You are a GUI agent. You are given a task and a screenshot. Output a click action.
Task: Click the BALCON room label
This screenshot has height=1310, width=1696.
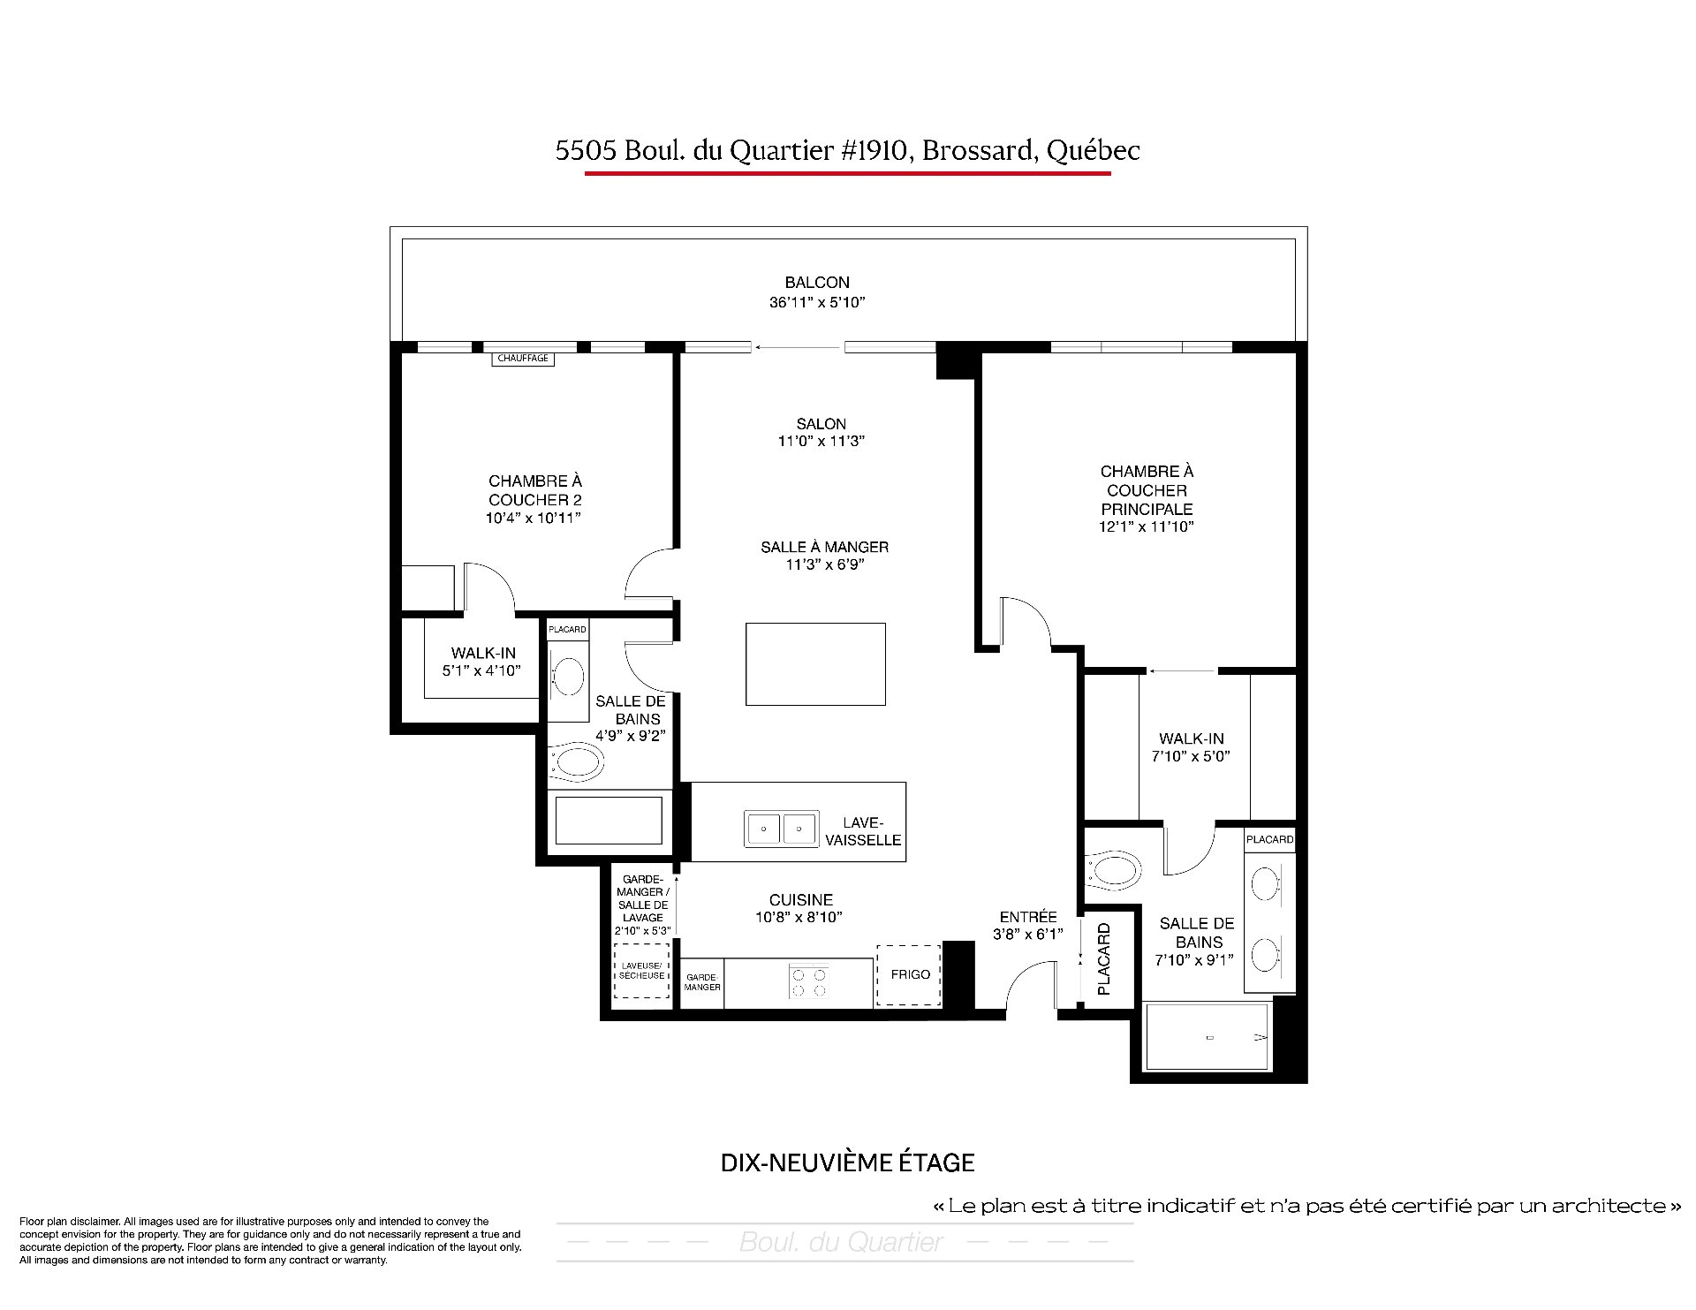coord(817,283)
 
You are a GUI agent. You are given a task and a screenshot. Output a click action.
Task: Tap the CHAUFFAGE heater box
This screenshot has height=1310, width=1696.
coord(523,359)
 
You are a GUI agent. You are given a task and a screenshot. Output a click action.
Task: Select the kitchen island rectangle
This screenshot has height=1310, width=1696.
coord(815,664)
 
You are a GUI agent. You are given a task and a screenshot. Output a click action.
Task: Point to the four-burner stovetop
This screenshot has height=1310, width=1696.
coord(810,982)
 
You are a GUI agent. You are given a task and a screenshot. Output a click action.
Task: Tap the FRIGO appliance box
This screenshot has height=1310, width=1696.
coord(909,975)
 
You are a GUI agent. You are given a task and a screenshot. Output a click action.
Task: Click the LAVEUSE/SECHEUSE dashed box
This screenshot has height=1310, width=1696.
coord(641,971)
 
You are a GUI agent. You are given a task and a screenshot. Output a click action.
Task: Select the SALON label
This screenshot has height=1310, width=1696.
coord(821,424)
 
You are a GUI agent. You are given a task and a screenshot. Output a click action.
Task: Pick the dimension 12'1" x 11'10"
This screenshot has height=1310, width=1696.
coord(1147,527)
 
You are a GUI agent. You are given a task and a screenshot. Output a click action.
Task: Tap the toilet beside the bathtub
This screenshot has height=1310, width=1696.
coord(575,761)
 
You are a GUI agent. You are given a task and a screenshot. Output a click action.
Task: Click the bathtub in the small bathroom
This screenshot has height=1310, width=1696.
coord(608,821)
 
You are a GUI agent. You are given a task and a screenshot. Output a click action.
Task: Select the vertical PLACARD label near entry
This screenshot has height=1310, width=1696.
coord(1103,959)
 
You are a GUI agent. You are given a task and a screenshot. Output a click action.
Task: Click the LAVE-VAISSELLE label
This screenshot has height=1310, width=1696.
coord(863,831)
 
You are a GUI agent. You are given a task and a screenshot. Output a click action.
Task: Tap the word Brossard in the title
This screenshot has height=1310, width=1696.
coord(975,151)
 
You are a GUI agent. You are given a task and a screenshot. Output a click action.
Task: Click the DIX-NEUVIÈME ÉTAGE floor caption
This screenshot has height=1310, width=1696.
coord(847,1162)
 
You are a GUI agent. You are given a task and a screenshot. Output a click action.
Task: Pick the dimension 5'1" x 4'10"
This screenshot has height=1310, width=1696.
coord(481,671)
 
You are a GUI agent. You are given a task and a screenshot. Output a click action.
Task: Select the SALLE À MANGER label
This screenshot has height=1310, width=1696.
coord(824,548)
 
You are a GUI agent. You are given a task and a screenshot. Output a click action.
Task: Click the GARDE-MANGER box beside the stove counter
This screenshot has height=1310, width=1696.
coord(702,982)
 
